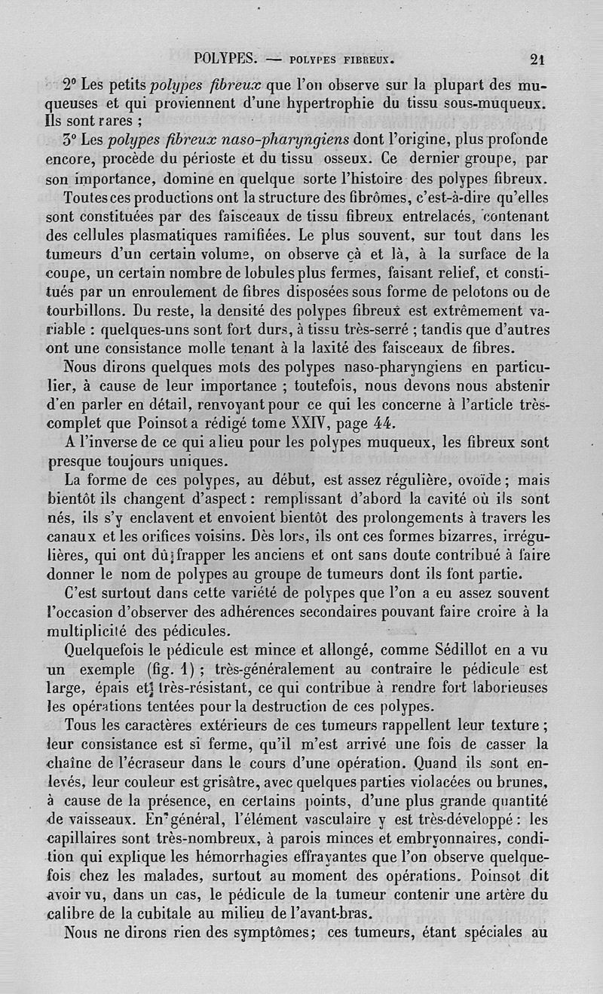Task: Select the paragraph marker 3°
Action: (72, 140)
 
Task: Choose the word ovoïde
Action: (472, 480)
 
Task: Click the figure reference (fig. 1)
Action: (167, 669)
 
